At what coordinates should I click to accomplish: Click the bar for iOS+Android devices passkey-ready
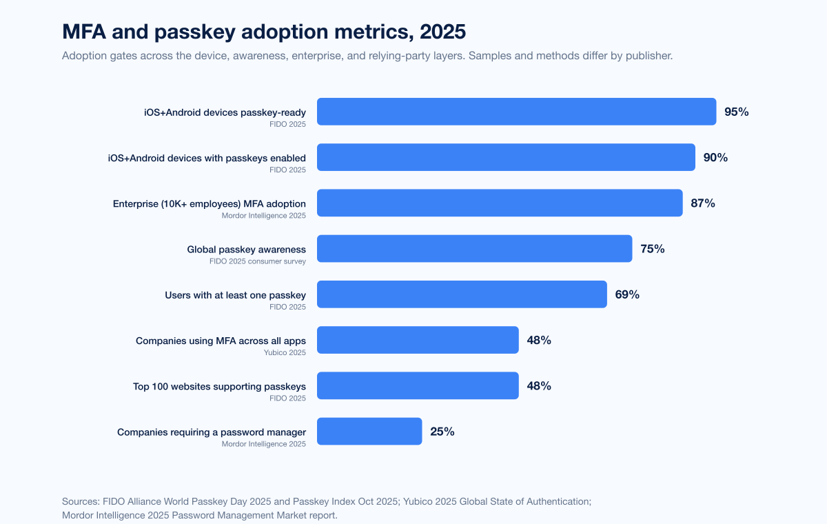[x=516, y=112]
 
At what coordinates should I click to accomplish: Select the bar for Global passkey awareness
[x=474, y=248]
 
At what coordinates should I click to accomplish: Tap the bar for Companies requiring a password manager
[x=369, y=431]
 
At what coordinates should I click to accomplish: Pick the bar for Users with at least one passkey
[x=462, y=294]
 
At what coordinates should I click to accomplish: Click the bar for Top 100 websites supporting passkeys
[x=418, y=385]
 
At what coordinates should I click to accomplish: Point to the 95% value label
[x=736, y=112]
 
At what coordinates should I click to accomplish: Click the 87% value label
[x=703, y=203]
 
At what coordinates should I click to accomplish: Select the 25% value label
[x=442, y=432]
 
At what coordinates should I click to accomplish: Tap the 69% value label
[x=627, y=294]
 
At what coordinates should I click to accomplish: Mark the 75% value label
[x=653, y=249]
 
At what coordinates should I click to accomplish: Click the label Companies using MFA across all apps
[x=221, y=341]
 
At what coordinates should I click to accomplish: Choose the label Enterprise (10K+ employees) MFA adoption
[x=210, y=203]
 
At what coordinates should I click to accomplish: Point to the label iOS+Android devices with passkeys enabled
[x=207, y=158]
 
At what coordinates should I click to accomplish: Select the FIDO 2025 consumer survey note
[x=258, y=261]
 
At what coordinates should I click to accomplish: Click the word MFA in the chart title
[x=85, y=32]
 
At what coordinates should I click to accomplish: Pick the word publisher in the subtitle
[x=649, y=56]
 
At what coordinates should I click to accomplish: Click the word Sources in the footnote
[x=81, y=501]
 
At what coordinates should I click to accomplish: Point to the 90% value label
[x=715, y=157]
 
